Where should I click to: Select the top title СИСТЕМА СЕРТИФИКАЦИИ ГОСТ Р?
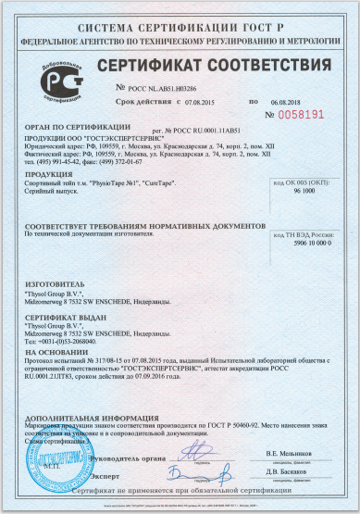180,16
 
